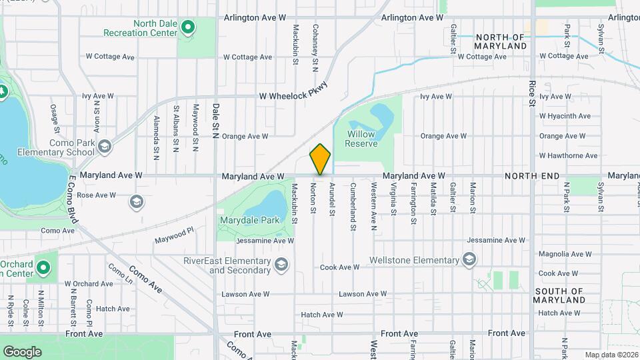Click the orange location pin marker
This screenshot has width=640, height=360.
pos(320,159)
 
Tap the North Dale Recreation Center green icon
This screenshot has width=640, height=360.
pos(188,27)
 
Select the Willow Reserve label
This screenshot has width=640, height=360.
pos(362,139)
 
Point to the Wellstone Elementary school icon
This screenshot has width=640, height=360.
pos(469,259)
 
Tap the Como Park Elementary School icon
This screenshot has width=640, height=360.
pos(104,147)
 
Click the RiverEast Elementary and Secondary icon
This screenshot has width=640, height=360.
pos(282,265)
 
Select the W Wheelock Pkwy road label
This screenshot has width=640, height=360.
pos(294,96)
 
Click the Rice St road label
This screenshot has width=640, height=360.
pos(532,93)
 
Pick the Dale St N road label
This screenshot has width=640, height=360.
pos(215,117)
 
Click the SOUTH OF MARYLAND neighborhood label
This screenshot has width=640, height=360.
pos(559,295)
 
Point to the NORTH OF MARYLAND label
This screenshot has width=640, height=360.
pos(501,41)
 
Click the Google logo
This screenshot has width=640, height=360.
pos(22,351)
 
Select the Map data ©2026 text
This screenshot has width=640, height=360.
pos(611,355)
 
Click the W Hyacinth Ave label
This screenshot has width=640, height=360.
pos(565,116)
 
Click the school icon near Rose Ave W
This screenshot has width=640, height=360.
pos(137,201)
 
